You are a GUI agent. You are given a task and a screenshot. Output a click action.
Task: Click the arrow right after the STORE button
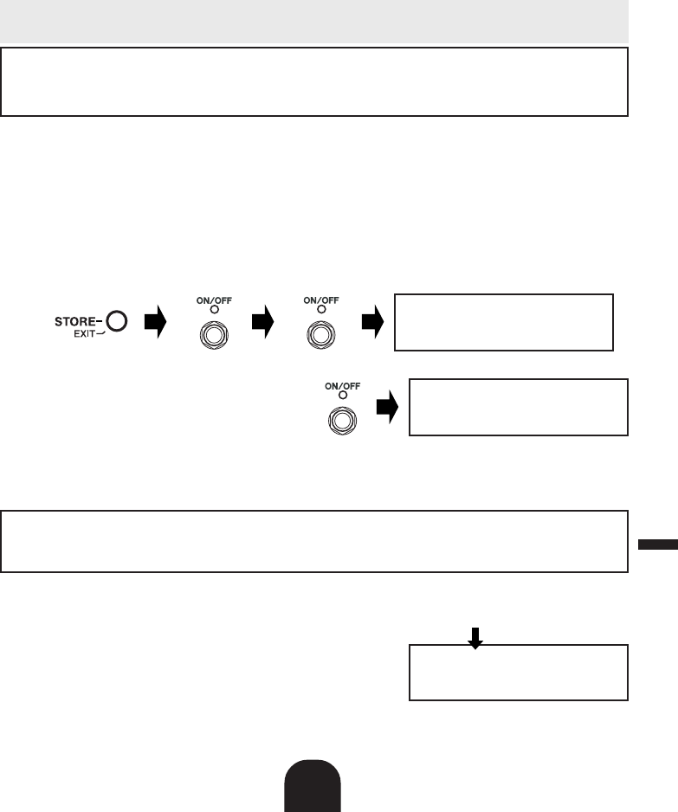click(x=154, y=323)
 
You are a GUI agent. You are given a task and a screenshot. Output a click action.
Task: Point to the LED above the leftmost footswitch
click(x=208, y=309)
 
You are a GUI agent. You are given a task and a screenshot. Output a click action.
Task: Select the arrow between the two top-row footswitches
click(x=262, y=323)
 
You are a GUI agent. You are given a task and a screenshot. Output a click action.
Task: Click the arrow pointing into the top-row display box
click(x=372, y=323)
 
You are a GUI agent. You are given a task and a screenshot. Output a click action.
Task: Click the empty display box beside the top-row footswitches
click(x=503, y=322)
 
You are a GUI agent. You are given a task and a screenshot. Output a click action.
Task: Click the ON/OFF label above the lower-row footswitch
click(x=343, y=386)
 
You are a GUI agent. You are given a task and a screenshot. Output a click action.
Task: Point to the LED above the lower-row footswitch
click(x=343, y=396)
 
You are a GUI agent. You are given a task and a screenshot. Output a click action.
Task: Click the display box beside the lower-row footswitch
click(x=518, y=407)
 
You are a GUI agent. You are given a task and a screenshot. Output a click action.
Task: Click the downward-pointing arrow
click(x=475, y=636)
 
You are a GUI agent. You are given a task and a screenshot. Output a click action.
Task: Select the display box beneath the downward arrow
click(x=518, y=672)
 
